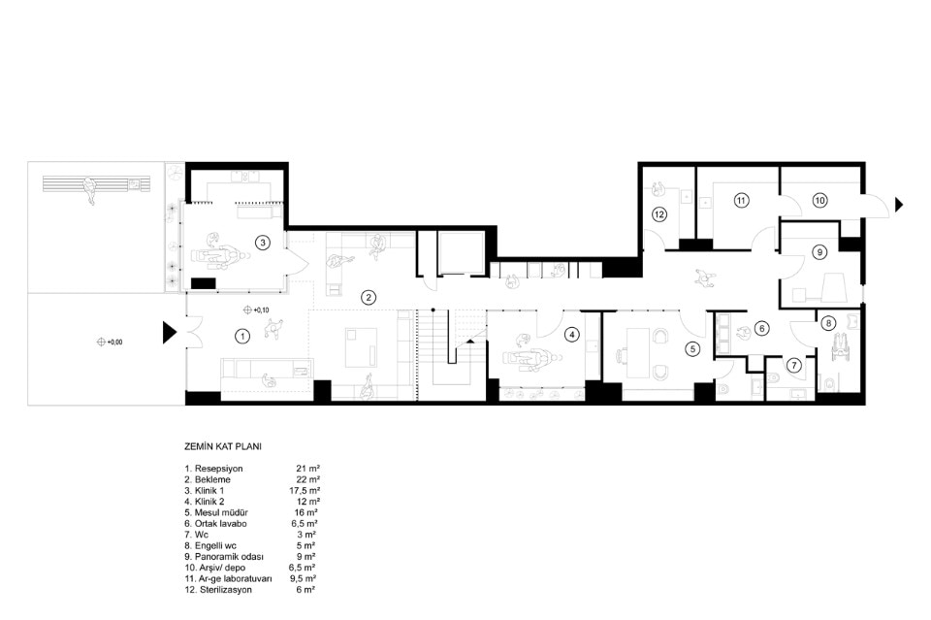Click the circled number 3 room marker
tap(262, 242)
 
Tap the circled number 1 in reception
tap(242, 336)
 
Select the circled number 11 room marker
tap(741, 201)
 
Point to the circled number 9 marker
tap(819, 252)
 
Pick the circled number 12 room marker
tap(659, 214)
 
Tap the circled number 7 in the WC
tap(794, 366)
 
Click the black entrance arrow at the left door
tap(170, 333)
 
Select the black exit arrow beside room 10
tap(899, 205)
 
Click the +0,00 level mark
tap(111, 343)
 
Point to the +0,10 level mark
tap(256, 310)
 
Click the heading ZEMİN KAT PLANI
tap(223, 446)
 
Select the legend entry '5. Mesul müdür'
tap(216, 512)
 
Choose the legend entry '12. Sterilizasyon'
tap(218, 590)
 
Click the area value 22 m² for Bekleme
tap(308, 479)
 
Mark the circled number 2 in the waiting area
tap(369, 298)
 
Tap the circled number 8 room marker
tap(828, 324)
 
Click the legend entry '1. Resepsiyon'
tap(213, 469)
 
